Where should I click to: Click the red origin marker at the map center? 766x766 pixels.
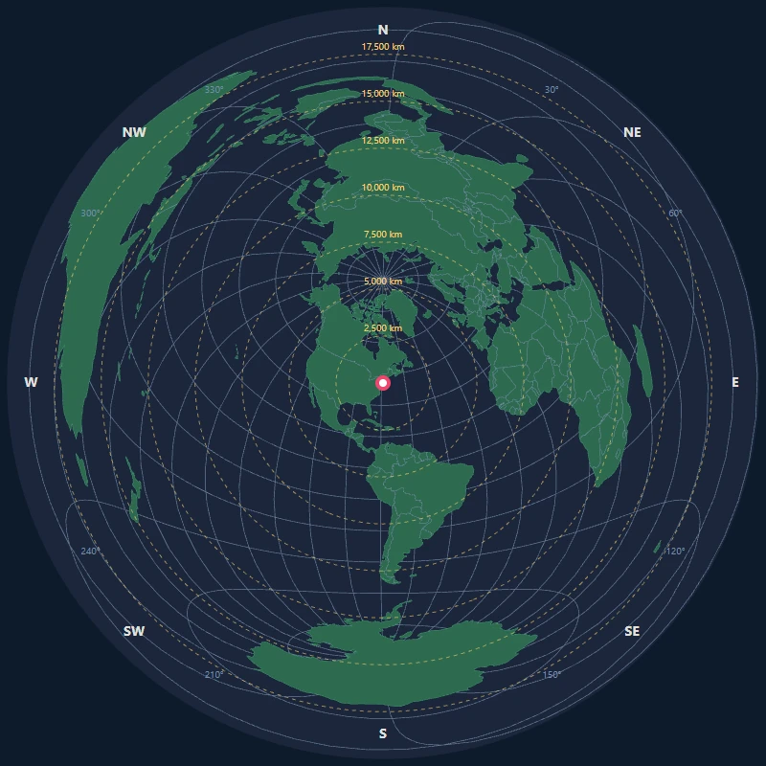383,383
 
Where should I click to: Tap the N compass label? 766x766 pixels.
383,30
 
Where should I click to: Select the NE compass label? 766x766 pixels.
632,133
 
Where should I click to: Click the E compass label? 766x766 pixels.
735,382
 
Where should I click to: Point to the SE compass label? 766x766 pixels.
632,631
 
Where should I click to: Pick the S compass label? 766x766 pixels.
383,734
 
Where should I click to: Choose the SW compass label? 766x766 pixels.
134,631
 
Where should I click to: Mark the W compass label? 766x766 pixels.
31,382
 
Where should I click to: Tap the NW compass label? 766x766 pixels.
134,133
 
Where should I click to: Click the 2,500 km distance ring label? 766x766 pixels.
383,328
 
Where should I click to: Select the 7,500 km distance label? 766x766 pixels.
383,235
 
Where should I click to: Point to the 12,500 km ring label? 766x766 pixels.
383,141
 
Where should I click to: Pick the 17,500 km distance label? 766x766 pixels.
383,47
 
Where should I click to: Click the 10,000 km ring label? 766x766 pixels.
383,188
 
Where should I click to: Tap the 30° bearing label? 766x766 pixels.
552,90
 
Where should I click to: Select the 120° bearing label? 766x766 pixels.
675,552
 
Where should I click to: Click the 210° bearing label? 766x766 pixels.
214,675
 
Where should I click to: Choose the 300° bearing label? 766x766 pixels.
91,214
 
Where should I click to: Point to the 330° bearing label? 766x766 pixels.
214,90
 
